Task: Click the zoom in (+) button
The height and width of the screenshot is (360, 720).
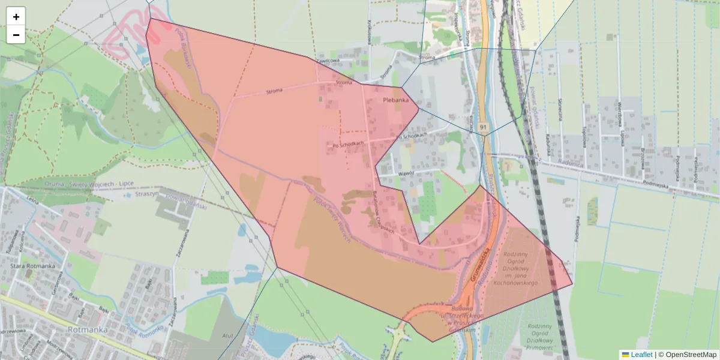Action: coord(16,17)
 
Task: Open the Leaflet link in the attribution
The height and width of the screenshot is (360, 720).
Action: coord(641,355)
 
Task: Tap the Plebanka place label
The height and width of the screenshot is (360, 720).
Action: coord(395,100)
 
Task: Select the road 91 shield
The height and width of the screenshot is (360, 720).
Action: coord(484,127)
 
